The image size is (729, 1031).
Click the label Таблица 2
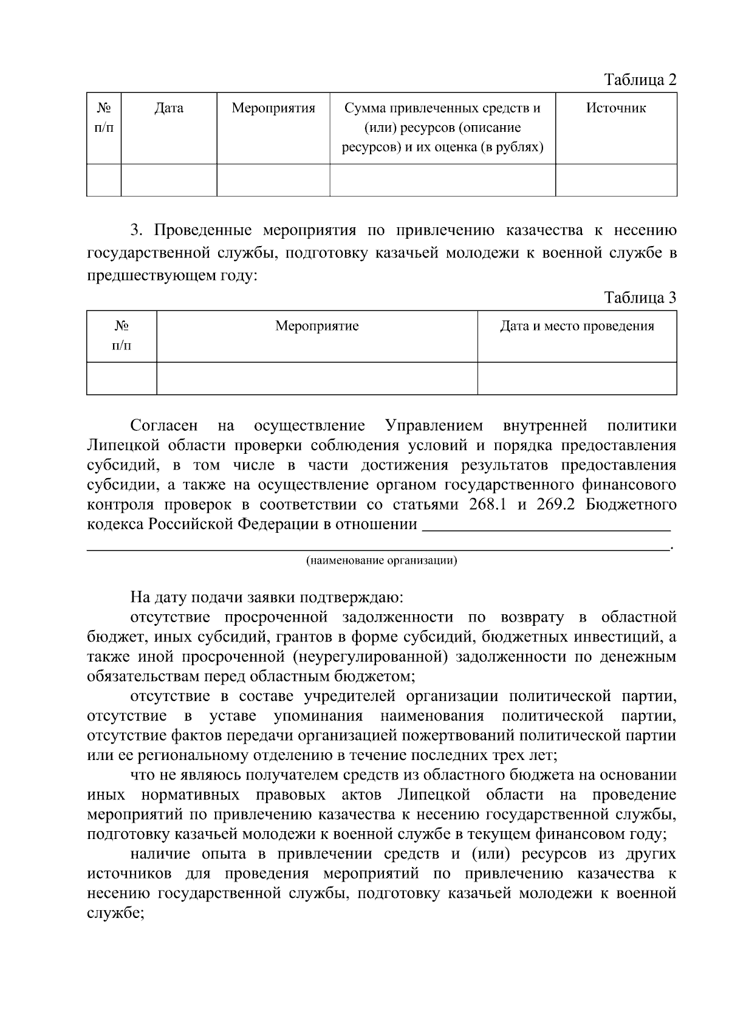640,80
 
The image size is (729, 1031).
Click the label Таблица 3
640,298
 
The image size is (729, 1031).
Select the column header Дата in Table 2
169,109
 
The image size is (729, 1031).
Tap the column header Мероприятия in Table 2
273,109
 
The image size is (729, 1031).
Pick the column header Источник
615,109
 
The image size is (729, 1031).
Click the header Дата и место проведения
577,326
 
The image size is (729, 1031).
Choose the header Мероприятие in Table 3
317,326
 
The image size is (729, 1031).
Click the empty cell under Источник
615,180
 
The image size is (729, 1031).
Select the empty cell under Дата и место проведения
577,378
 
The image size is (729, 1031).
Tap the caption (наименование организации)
382,560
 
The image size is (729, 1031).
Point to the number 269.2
555,505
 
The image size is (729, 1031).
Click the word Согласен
164,426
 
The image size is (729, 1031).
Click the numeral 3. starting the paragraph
136,231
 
